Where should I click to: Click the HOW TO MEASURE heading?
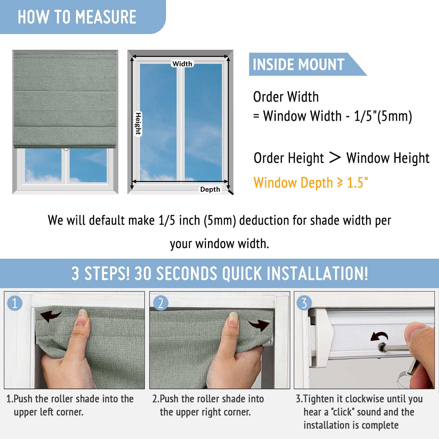click(x=77, y=17)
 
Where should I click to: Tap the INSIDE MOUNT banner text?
click(x=299, y=64)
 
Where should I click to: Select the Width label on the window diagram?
click(x=182, y=64)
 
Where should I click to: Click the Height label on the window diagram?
click(x=138, y=124)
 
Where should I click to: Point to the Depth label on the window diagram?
click(x=210, y=189)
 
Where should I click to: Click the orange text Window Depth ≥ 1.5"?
click(x=311, y=183)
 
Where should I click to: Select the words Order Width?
click(x=286, y=97)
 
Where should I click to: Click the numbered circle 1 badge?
click(x=15, y=303)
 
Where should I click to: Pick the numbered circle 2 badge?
click(x=161, y=303)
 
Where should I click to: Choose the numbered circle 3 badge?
click(x=304, y=303)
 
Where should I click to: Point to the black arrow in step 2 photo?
click(x=259, y=325)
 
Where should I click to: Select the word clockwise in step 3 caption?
click(x=358, y=399)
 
